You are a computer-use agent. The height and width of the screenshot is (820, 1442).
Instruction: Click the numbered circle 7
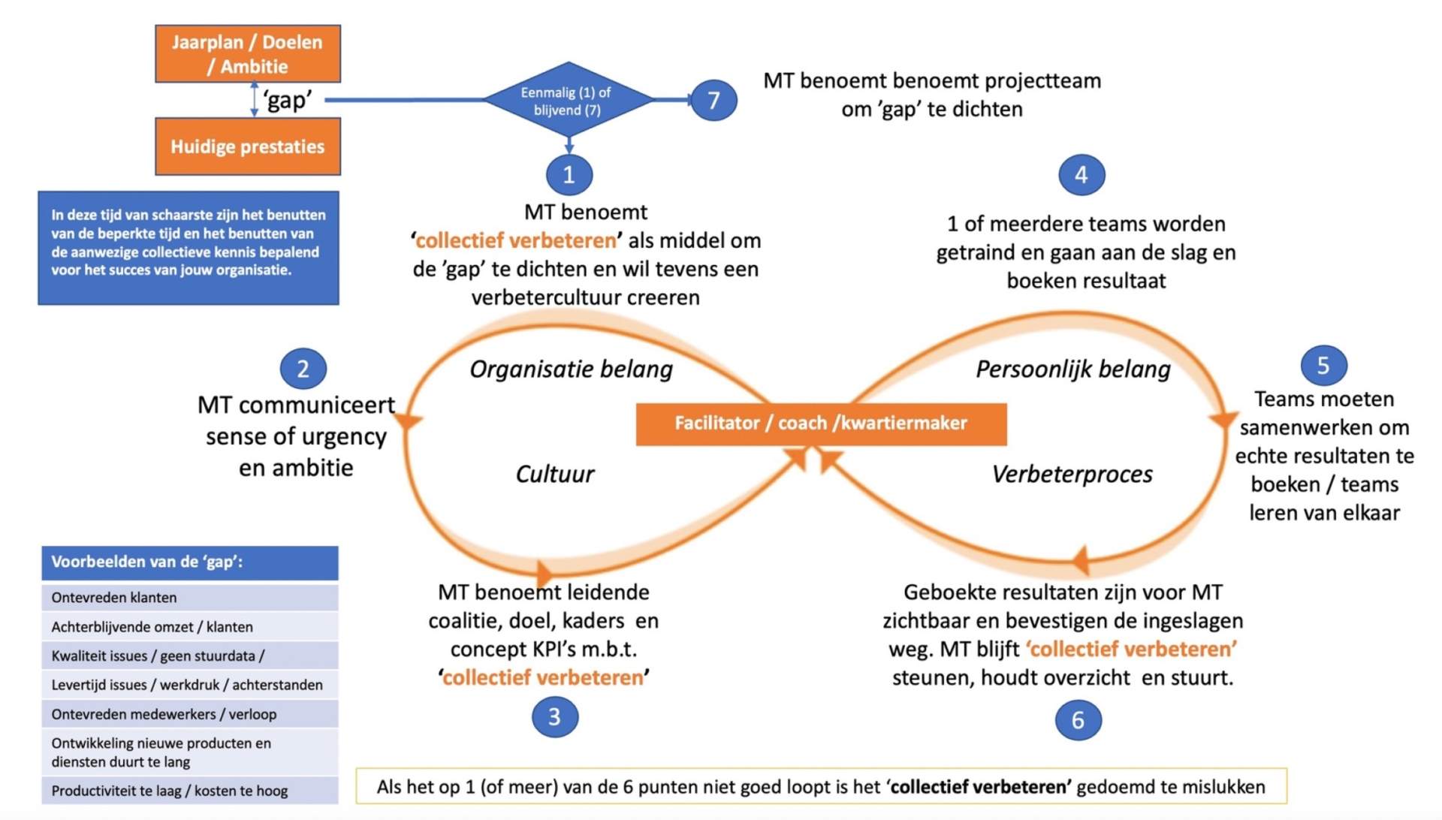tap(713, 100)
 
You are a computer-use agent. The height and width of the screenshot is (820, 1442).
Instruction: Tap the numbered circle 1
tap(569, 174)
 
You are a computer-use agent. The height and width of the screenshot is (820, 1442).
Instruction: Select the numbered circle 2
tap(303, 369)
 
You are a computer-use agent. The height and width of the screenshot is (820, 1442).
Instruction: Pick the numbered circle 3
tap(554, 716)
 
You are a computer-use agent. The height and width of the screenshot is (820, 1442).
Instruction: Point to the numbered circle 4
tap(1081, 175)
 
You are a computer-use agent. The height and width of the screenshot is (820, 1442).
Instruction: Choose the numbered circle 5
tap(1323, 366)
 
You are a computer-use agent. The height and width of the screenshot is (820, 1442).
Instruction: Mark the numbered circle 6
tap(1078, 720)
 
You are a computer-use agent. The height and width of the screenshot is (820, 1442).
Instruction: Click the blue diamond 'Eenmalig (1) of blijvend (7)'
tap(568, 101)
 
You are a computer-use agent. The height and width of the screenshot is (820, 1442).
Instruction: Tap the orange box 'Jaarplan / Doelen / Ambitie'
tap(247, 54)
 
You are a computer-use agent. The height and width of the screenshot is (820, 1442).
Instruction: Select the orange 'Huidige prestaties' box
tap(247, 146)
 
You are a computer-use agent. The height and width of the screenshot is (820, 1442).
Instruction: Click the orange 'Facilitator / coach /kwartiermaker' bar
tap(821, 424)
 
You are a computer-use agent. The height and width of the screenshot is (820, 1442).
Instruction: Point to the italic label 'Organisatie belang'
tap(571, 369)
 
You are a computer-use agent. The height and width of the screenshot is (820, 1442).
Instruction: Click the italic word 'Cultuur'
tap(555, 474)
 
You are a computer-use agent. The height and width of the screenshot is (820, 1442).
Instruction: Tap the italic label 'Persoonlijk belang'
tap(1072, 369)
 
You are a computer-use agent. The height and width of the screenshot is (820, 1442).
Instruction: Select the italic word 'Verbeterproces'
tap(1072, 474)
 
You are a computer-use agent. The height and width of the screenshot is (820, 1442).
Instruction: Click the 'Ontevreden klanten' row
tap(189, 598)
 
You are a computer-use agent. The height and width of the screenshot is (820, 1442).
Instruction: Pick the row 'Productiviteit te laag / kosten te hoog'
tap(189, 791)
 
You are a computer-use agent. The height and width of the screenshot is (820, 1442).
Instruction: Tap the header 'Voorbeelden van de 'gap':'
tap(189, 562)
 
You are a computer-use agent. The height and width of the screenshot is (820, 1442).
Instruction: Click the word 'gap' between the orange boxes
tap(288, 100)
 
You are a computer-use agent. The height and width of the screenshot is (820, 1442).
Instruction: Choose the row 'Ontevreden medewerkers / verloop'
tap(189, 714)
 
